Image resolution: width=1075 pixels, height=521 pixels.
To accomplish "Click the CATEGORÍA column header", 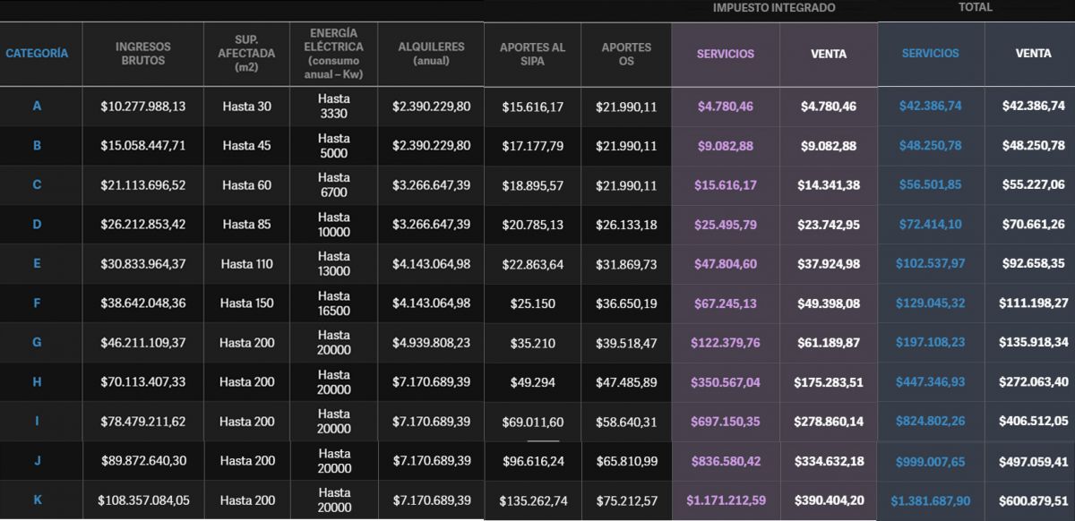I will coord(37,54).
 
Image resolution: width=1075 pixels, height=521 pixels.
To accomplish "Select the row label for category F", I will coord(37,303).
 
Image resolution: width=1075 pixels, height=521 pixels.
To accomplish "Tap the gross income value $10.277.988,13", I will coord(143,107).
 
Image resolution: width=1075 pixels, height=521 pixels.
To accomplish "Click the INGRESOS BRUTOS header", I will coord(143,54).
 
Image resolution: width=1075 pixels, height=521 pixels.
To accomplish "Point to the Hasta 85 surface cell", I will coord(246,225).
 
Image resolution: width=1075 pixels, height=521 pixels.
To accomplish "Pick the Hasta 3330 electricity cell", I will coord(333,107).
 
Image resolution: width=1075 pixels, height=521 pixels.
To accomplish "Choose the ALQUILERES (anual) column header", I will coord(431,54).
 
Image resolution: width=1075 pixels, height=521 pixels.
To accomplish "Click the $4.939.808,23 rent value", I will coord(431,343).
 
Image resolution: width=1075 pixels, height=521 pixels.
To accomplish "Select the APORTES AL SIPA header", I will coord(532,54).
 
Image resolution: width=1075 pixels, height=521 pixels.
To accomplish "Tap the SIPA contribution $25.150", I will coord(532,303).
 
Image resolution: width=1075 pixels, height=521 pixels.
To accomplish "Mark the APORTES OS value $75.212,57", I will coord(626,500).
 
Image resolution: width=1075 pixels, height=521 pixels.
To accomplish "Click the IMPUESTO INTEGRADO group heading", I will coord(774,8).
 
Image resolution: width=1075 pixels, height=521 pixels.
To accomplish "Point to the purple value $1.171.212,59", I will coord(726,500).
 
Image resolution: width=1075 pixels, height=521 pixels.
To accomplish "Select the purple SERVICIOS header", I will coord(726,54).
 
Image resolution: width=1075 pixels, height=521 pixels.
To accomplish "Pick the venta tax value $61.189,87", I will coord(829,343).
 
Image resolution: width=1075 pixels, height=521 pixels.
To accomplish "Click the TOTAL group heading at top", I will coord(975,8).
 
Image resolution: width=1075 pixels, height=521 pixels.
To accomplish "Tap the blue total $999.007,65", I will coord(931,461).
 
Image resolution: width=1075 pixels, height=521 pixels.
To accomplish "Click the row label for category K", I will coord(37,500).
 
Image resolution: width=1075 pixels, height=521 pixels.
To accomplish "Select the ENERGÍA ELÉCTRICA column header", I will coord(333,53).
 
